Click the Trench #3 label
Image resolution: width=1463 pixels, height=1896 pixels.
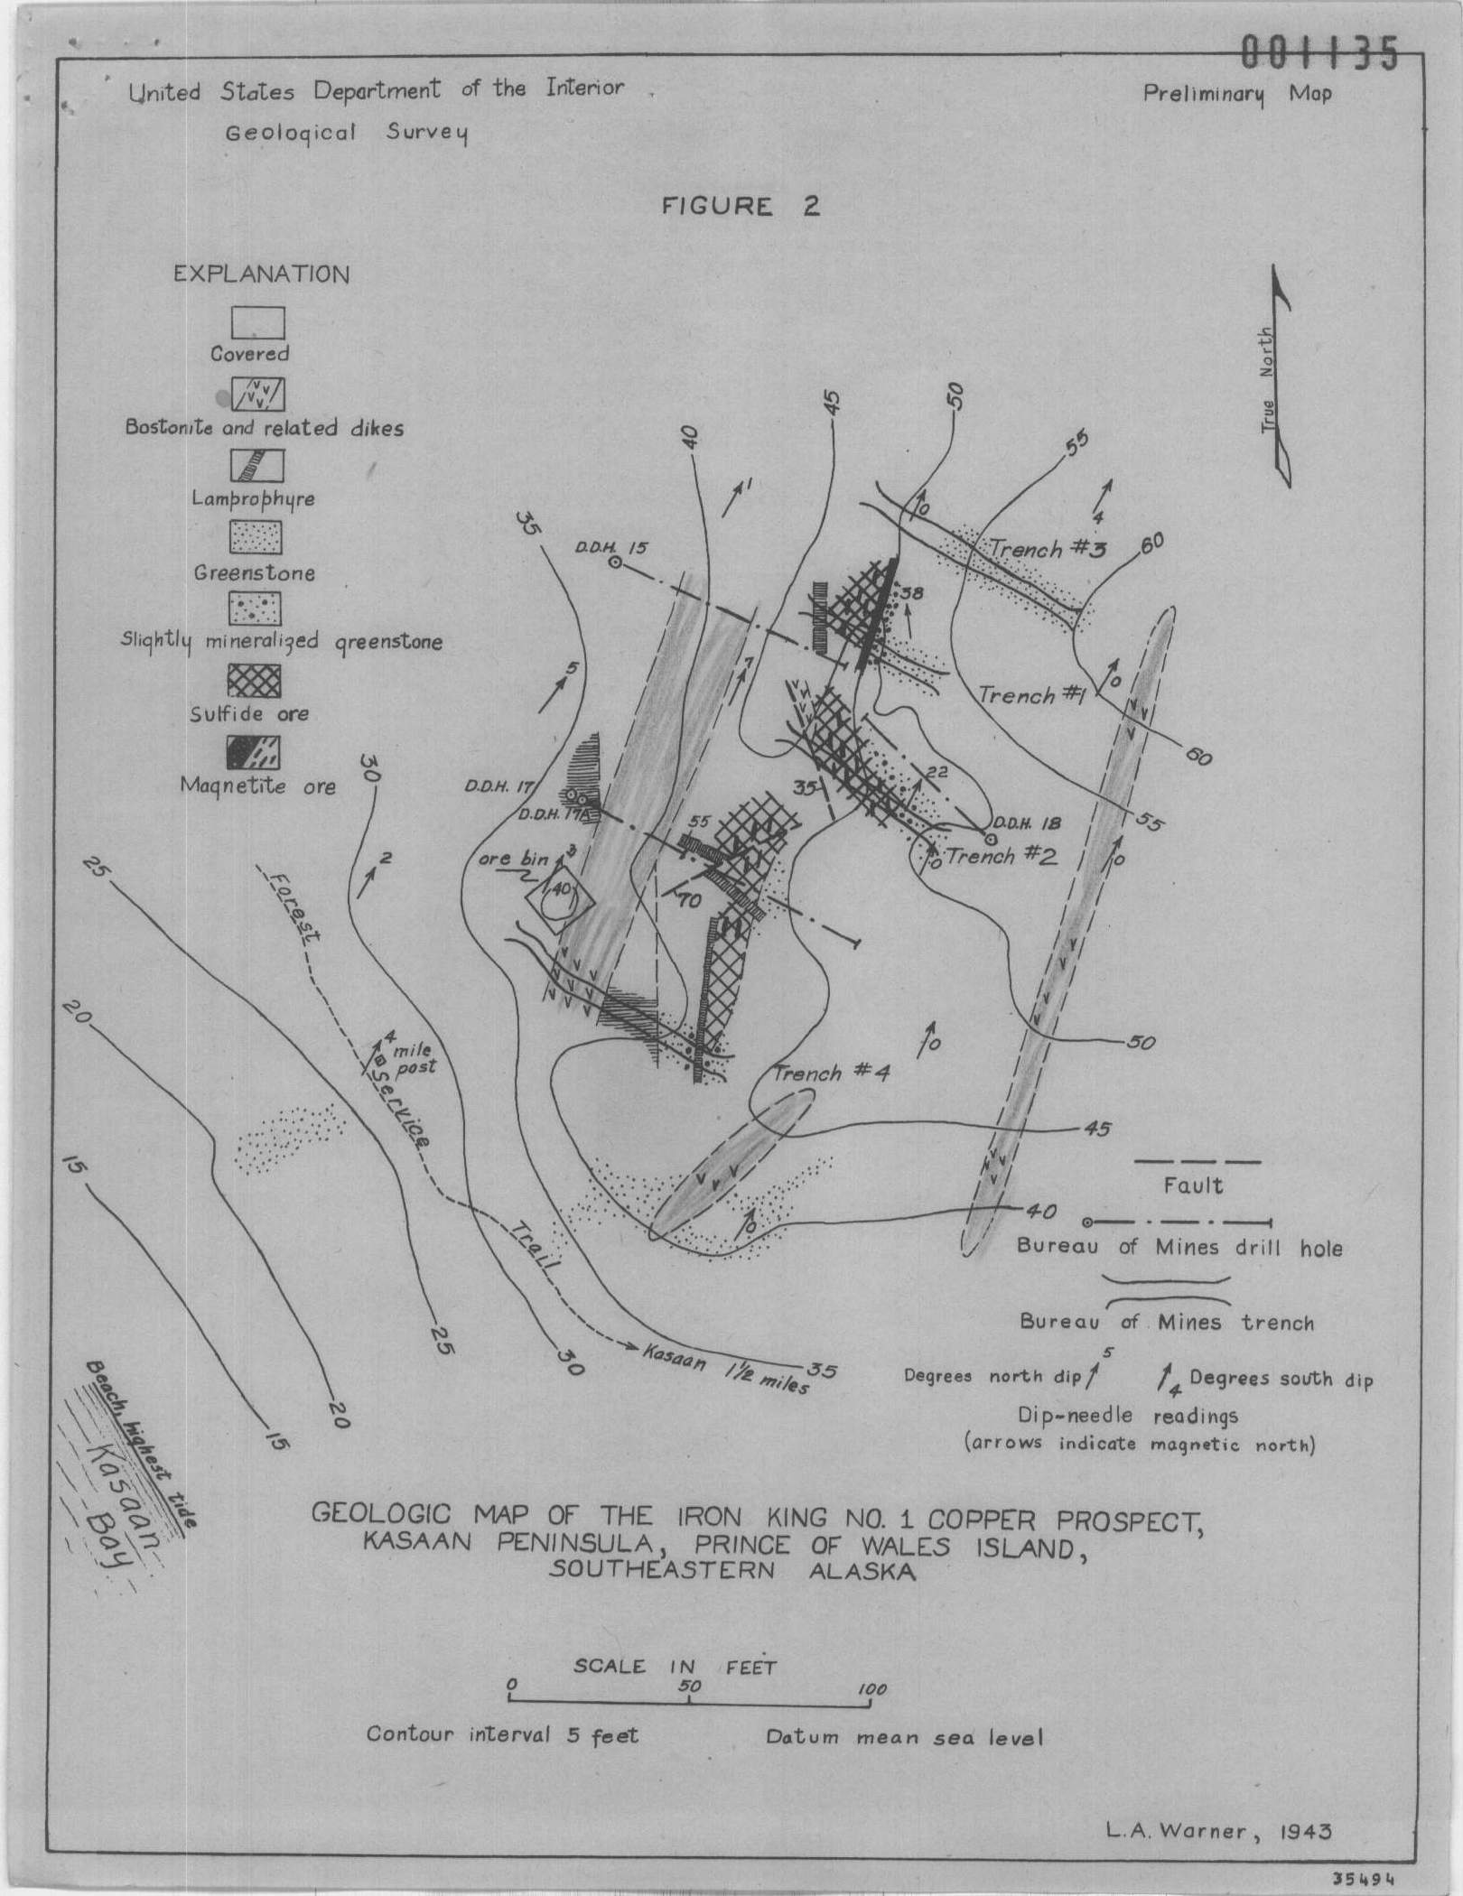point(1048,549)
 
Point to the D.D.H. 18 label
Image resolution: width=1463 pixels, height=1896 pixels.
point(1027,823)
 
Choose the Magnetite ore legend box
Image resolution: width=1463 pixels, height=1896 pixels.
point(255,751)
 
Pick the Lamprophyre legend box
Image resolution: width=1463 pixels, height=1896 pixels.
point(256,466)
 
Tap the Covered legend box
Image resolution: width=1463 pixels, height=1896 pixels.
point(257,323)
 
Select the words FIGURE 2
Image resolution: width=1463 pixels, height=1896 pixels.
point(741,207)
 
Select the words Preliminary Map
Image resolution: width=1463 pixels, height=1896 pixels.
point(1237,94)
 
